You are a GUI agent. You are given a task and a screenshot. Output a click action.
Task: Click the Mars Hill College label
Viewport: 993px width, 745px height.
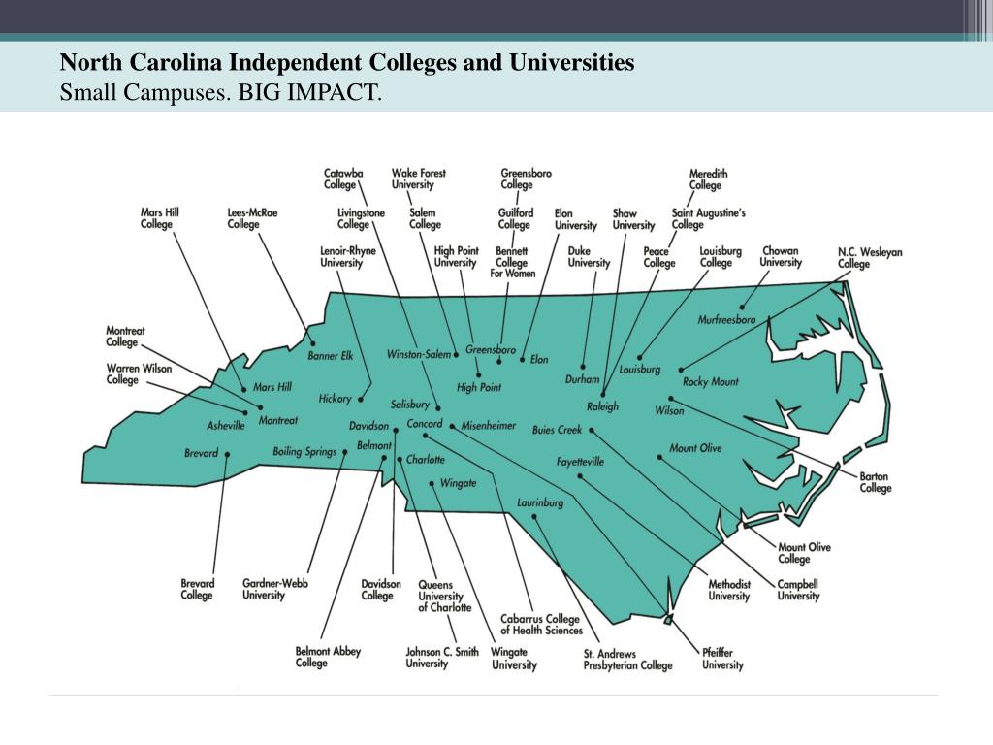pyautogui.click(x=159, y=218)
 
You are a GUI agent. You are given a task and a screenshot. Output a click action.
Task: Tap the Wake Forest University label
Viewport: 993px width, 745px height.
pyautogui.click(x=419, y=178)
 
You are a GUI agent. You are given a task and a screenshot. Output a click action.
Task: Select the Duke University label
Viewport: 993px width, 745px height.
pyautogui.click(x=589, y=256)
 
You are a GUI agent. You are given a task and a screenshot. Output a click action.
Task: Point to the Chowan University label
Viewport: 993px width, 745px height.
pyautogui.click(x=781, y=256)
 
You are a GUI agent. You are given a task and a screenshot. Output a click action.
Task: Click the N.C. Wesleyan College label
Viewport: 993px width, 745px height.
pyautogui.click(x=869, y=258)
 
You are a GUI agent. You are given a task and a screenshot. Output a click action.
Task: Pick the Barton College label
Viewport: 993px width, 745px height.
pyautogui.click(x=875, y=482)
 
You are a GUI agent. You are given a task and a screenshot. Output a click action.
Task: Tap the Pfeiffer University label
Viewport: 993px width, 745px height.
pyautogui.click(x=722, y=659)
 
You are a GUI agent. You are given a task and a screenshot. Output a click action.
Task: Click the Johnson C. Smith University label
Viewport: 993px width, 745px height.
pyautogui.click(x=441, y=658)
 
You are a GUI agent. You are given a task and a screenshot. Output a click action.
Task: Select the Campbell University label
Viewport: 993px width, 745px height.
pyautogui.click(x=798, y=590)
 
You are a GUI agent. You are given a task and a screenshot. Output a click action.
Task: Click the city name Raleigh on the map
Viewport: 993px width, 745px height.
pyautogui.click(x=602, y=406)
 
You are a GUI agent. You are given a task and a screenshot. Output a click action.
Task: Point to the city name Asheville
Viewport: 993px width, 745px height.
pyautogui.click(x=226, y=426)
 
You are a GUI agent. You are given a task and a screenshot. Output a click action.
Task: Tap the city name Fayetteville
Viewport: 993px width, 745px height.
pyautogui.click(x=580, y=462)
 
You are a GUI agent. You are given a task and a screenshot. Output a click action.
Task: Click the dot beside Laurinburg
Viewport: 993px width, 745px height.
pyautogui.click(x=534, y=517)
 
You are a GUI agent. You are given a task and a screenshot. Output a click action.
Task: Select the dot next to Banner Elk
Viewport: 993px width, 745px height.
pyautogui.click(x=312, y=343)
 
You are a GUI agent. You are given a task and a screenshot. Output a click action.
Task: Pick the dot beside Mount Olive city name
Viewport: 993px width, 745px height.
pyautogui.click(x=659, y=457)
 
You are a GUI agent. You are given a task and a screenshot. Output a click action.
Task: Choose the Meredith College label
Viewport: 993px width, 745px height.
pyautogui.click(x=708, y=179)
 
